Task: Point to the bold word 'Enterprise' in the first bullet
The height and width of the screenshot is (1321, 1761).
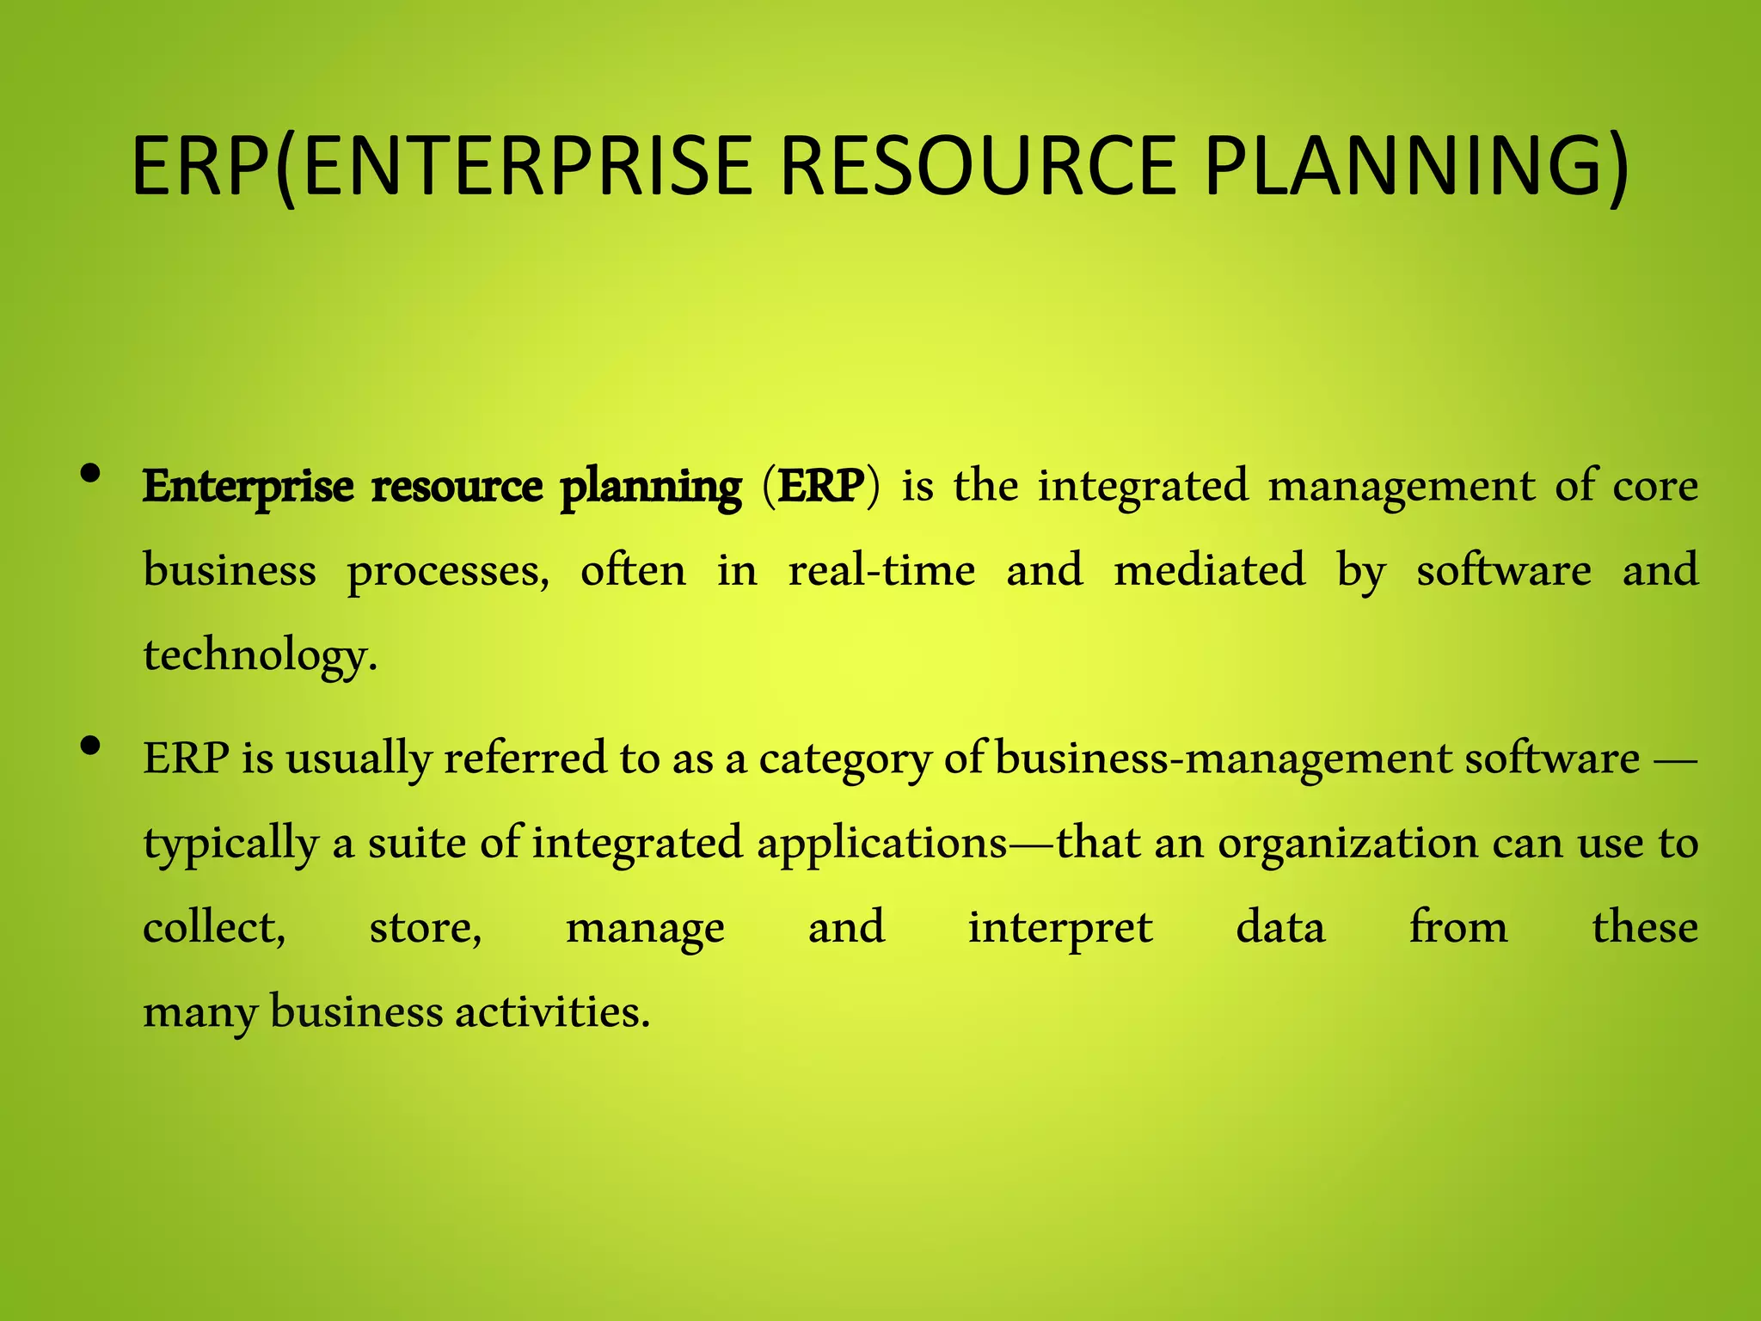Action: (x=248, y=487)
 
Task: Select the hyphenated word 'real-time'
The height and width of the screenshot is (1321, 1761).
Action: (x=882, y=570)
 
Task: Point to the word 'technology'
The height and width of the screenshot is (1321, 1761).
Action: (x=258, y=656)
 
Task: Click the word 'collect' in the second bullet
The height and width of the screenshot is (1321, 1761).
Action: (x=213, y=928)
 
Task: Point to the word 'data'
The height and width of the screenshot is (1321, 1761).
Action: (x=1280, y=928)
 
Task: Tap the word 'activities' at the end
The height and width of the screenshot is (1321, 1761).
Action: (x=551, y=1011)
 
